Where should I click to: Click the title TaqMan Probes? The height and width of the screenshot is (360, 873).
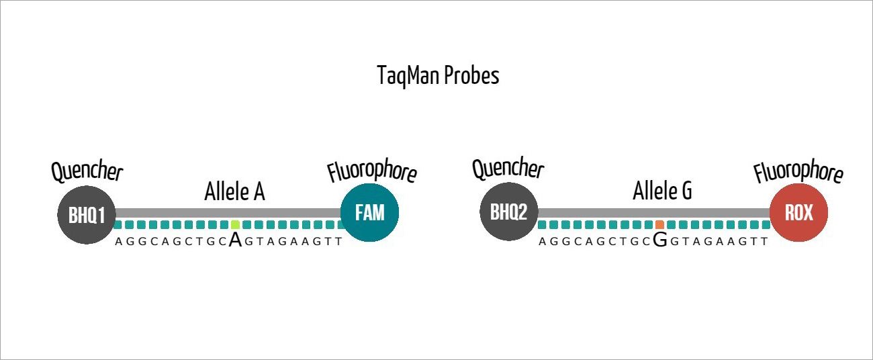pos(438,76)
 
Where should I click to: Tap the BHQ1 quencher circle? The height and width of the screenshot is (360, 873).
pos(87,215)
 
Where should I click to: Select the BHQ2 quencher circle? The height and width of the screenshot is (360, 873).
pos(508,212)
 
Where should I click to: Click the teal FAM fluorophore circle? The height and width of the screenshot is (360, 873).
pos(370,213)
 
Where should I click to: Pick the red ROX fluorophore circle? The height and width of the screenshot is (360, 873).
pos(798,213)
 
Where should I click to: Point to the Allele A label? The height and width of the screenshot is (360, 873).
pos(234,192)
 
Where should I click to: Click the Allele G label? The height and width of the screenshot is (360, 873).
pos(662,192)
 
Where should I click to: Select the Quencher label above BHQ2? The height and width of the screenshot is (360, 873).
pos(508,169)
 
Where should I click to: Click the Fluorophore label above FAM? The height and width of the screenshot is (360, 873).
pos(372,172)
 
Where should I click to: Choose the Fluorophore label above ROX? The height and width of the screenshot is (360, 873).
pos(798,172)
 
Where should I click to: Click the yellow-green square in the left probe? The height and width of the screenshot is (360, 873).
pos(235,225)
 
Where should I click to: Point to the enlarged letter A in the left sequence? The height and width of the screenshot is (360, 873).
pos(235,240)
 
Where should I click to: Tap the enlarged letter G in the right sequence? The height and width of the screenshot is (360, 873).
pos(660,240)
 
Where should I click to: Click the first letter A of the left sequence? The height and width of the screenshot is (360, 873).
pos(119,241)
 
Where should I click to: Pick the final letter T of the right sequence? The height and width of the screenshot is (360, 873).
pos(764,241)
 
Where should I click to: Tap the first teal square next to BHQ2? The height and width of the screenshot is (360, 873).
pos(543,225)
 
